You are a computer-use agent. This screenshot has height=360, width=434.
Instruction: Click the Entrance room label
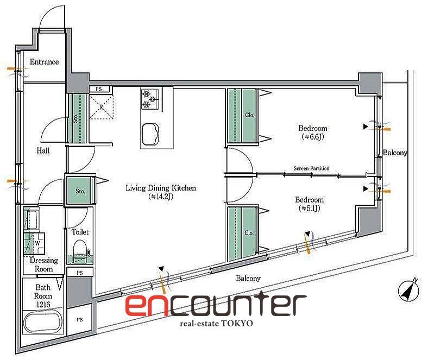click(45, 61)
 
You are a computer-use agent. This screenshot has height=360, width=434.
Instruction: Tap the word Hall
click(43, 150)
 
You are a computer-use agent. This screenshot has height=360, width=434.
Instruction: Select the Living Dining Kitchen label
click(161, 188)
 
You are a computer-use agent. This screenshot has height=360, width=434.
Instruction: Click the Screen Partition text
click(312, 168)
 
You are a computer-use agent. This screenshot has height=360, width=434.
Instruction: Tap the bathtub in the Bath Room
click(43, 323)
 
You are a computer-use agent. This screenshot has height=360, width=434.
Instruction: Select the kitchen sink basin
click(150, 134)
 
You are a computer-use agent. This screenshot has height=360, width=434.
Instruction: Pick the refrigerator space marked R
click(102, 106)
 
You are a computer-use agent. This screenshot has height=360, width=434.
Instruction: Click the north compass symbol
click(408, 290)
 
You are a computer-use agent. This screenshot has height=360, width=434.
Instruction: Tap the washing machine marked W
click(34, 243)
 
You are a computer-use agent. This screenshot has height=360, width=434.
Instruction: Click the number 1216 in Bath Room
click(43, 305)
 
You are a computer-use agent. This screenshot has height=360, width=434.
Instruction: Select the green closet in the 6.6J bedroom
click(242, 116)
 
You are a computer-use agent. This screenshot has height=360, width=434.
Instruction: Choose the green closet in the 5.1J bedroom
click(242, 234)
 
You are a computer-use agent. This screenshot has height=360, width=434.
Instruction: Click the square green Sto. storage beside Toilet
click(80, 191)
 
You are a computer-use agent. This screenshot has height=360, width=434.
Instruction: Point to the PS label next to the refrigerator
click(98, 89)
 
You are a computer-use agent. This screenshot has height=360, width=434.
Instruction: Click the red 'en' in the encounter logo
click(146, 305)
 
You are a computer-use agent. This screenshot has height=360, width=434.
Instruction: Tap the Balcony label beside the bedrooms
click(395, 153)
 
